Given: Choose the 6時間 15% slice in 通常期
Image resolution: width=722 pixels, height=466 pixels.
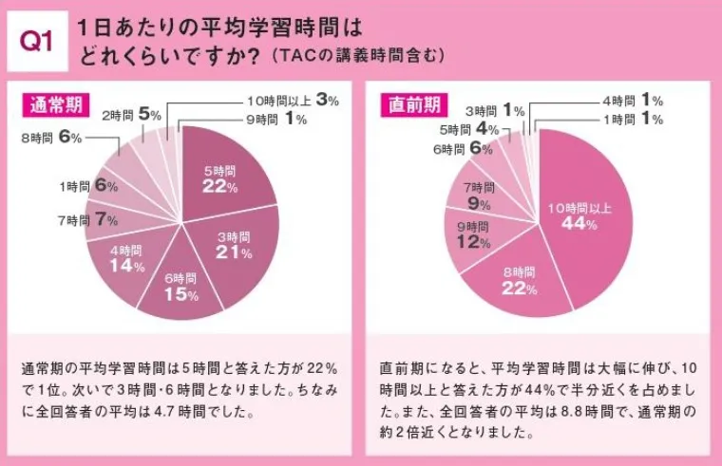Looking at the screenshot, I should (180, 289).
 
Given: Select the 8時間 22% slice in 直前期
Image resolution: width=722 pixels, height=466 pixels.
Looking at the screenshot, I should (514, 280).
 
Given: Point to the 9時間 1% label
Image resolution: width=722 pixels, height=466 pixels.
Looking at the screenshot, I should (276, 120).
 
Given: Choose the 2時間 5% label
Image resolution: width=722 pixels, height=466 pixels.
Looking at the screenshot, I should (130, 114).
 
